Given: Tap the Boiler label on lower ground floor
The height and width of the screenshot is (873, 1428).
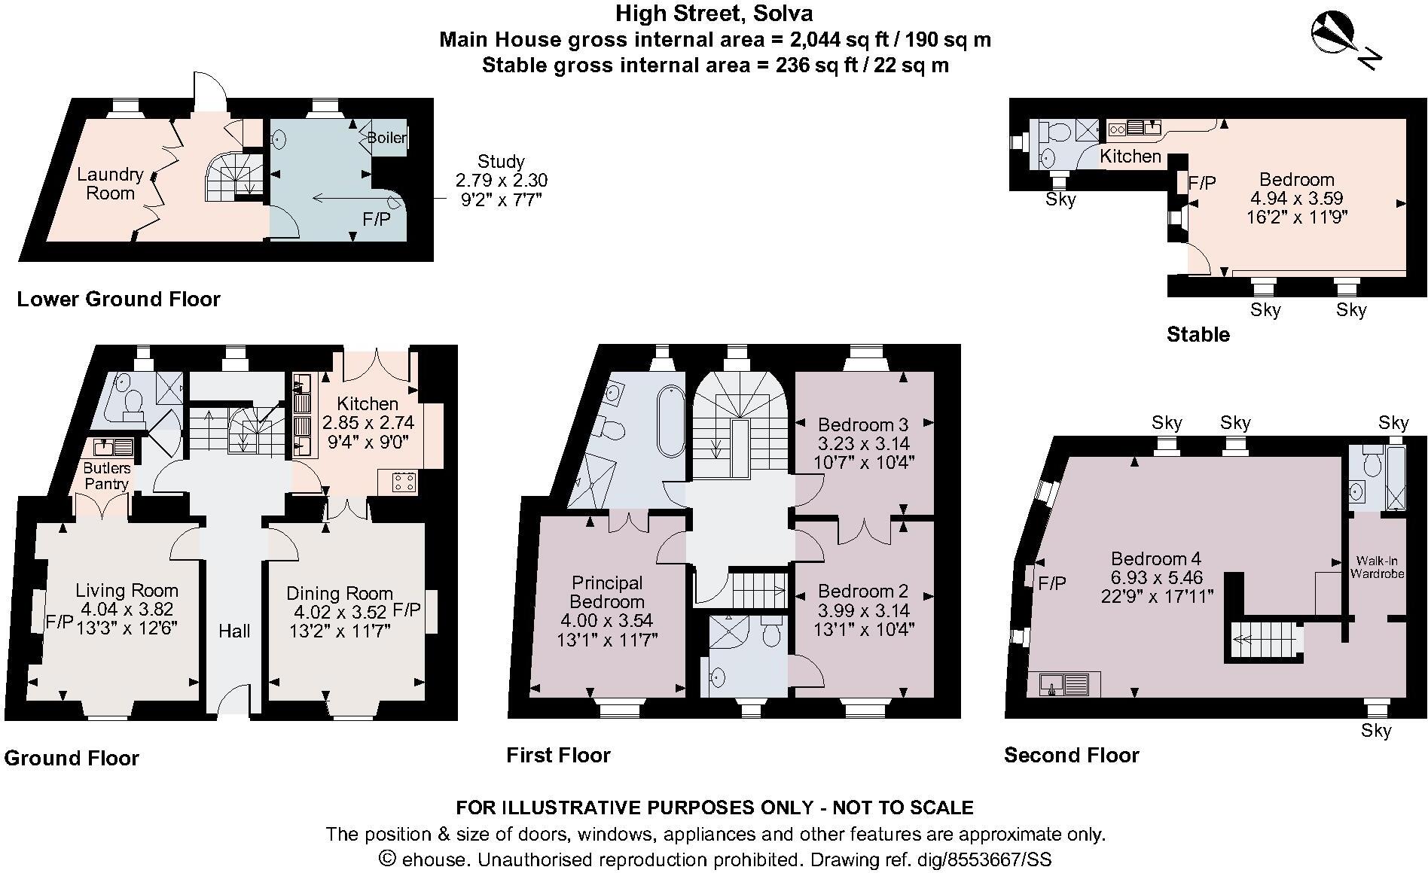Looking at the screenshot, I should pyautogui.click(x=387, y=138).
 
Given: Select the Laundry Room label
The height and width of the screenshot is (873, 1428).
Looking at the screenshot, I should pyautogui.click(x=110, y=184).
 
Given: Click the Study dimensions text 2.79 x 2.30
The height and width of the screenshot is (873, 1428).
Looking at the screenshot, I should pyautogui.click(x=501, y=181).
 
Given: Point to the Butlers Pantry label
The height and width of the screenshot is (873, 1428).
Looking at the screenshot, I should pyautogui.click(x=106, y=476).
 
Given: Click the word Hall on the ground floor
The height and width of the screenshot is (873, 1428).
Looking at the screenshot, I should pyautogui.click(x=234, y=631).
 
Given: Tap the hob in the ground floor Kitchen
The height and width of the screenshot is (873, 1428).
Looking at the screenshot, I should pyautogui.click(x=403, y=482).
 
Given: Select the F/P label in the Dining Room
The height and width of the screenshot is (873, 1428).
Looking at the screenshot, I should pyautogui.click(x=407, y=609).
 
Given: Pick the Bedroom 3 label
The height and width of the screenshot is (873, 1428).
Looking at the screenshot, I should pyautogui.click(x=863, y=424).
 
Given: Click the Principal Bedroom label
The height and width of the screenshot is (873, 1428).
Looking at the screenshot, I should pyautogui.click(x=607, y=592).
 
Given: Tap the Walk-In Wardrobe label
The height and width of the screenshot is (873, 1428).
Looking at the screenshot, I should pyautogui.click(x=1378, y=567).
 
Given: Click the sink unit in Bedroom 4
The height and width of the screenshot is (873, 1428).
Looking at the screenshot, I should pyautogui.click(x=1063, y=684).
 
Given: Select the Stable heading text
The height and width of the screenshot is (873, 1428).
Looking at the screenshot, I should pyautogui.click(x=1198, y=334).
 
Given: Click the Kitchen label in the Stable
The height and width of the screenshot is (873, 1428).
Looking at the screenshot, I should pyautogui.click(x=1130, y=157).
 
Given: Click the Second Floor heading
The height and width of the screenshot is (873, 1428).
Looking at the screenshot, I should pyautogui.click(x=1071, y=755).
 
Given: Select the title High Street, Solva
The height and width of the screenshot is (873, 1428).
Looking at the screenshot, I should pyautogui.click(x=714, y=14).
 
